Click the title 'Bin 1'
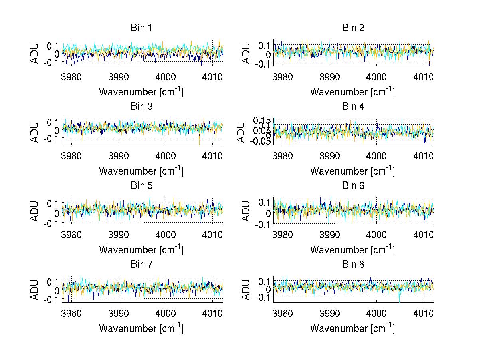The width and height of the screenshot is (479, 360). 141,28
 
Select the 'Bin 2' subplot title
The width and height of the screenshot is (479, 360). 353,28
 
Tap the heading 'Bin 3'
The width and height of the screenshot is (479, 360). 141,107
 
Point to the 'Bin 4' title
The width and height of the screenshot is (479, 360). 353,107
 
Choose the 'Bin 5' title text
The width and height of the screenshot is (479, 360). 141,186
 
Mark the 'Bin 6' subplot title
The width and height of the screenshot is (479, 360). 353,186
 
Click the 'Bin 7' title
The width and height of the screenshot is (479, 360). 141,265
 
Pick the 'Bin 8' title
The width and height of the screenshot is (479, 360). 353,265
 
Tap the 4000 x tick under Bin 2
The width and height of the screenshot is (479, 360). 376,77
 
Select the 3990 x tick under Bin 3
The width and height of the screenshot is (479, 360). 119,155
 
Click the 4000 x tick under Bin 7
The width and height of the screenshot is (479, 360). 165,313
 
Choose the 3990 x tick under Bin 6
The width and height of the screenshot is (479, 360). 330,235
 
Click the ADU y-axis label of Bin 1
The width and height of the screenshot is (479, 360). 35,53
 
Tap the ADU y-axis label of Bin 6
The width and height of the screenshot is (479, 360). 246,211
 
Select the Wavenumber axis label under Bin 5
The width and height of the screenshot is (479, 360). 141,250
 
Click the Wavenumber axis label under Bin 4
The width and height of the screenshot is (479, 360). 352,171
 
